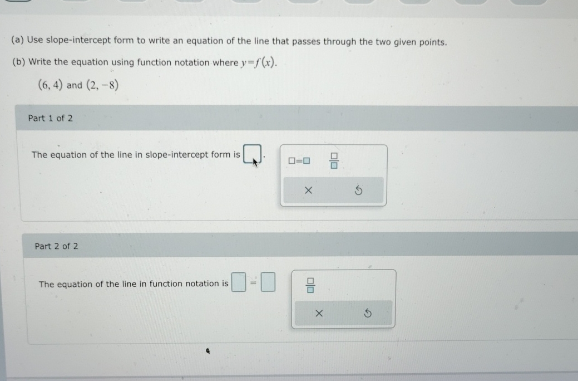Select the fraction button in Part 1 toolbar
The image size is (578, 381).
pos(334,161)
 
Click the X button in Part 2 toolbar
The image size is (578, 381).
pos(319,314)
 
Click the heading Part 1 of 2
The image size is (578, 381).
pos(50,118)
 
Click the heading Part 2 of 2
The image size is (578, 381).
pos(56,246)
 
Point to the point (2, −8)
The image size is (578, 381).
pos(102,85)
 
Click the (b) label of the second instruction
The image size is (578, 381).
pos(18,62)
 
